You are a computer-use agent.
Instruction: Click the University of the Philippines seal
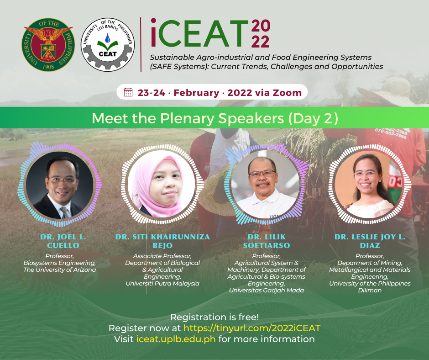point(48,45)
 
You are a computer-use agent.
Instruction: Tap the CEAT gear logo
point(108,45)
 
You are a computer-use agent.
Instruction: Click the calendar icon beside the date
point(128,92)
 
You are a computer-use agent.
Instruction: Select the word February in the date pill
point(196,93)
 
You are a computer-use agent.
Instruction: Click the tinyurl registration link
point(252,328)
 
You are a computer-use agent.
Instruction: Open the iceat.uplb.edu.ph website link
point(176,339)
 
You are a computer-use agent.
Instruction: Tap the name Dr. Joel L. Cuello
point(63,241)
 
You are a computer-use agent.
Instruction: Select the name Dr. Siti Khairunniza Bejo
point(162,241)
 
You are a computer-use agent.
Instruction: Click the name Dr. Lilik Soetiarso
point(267,241)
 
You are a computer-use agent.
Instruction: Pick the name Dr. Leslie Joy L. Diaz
point(370,241)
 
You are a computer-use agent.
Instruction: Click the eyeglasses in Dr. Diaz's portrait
point(366,174)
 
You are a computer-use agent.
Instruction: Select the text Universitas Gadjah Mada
point(267,290)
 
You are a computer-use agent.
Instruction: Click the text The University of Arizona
point(60,270)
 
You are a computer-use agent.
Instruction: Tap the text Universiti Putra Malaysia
point(162,283)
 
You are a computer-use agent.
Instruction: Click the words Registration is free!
point(214,317)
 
